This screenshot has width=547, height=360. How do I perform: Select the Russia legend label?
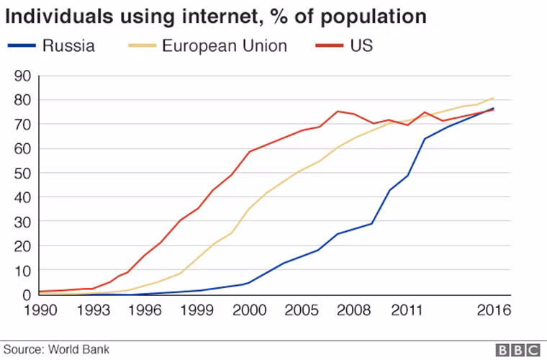[x=69, y=46]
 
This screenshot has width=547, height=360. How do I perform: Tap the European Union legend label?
[x=224, y=46]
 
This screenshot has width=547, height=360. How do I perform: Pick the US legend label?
[x=362, y=46]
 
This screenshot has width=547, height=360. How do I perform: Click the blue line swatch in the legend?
[x=22, y=47]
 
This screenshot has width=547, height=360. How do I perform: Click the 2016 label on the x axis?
[x=493, y=310]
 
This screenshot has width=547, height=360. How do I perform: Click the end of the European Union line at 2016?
[x=493, y=98]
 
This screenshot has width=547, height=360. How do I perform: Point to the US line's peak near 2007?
[x=338, y=111]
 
